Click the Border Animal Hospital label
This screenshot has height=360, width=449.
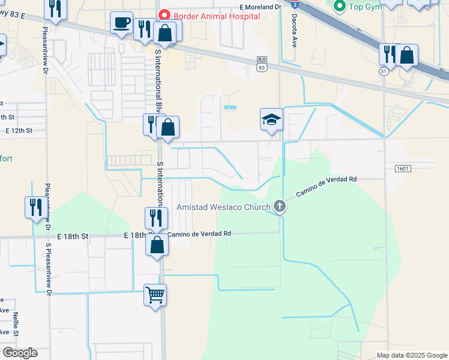(217, 16)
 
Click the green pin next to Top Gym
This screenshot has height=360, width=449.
(340, 7)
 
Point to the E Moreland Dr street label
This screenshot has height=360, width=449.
(260, 7)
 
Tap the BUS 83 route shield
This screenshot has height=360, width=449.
(262, 64)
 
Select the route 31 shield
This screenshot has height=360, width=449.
(383, 71)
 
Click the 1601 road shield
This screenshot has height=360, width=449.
(403, 169)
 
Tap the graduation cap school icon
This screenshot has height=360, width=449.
(271, 119)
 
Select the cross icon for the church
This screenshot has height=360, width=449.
(279, 207)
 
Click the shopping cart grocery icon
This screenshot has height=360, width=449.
(155, 295)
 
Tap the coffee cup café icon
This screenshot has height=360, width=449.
(121, 23)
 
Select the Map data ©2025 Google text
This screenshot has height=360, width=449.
(412, 355)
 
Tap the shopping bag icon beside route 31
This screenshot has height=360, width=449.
(406, 55)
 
